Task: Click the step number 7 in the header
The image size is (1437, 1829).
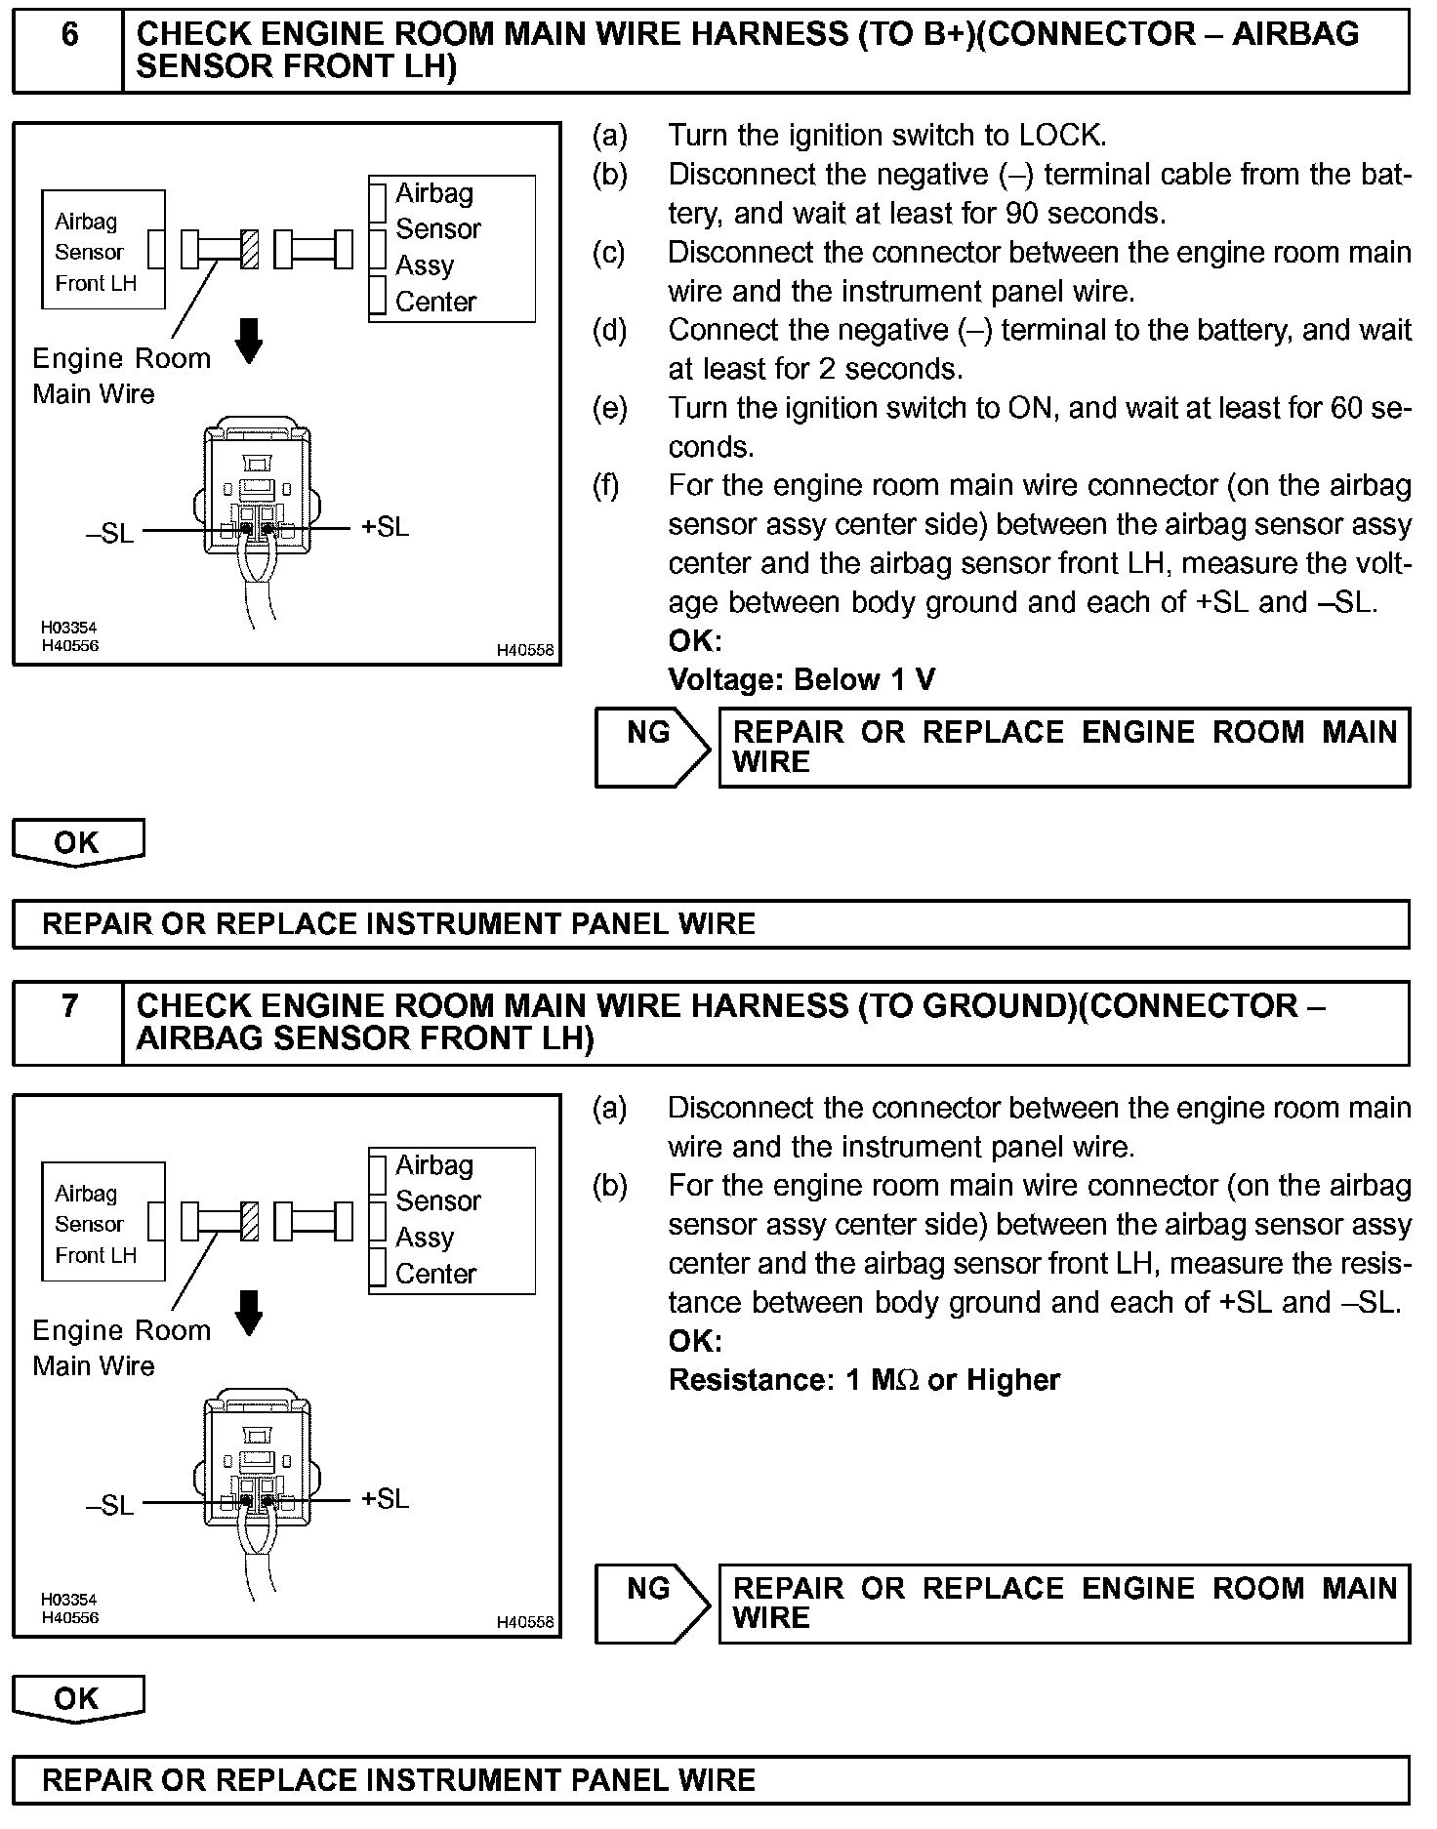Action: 69,1006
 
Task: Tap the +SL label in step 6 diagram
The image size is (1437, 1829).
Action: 385,527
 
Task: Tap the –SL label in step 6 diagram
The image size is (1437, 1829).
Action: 109,534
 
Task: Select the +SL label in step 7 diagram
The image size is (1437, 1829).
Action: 385,1499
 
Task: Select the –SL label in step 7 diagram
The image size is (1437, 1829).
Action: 109,1506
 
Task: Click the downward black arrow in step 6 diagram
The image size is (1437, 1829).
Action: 250,341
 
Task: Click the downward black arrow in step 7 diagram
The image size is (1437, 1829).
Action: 250,1313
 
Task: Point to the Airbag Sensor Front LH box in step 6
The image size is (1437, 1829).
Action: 103,250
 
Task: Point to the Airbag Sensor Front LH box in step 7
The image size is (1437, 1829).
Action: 103,1222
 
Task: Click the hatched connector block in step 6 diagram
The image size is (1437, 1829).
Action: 250,249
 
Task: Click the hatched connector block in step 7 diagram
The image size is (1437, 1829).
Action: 250,1221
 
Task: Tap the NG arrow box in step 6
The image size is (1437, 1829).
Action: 651,748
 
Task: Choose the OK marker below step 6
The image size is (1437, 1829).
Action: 77,842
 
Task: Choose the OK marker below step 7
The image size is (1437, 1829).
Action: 77,1699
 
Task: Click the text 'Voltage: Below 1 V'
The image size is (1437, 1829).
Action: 801,680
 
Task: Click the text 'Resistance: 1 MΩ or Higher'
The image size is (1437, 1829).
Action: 864,1380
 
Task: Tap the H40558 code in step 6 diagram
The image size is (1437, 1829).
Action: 524,650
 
